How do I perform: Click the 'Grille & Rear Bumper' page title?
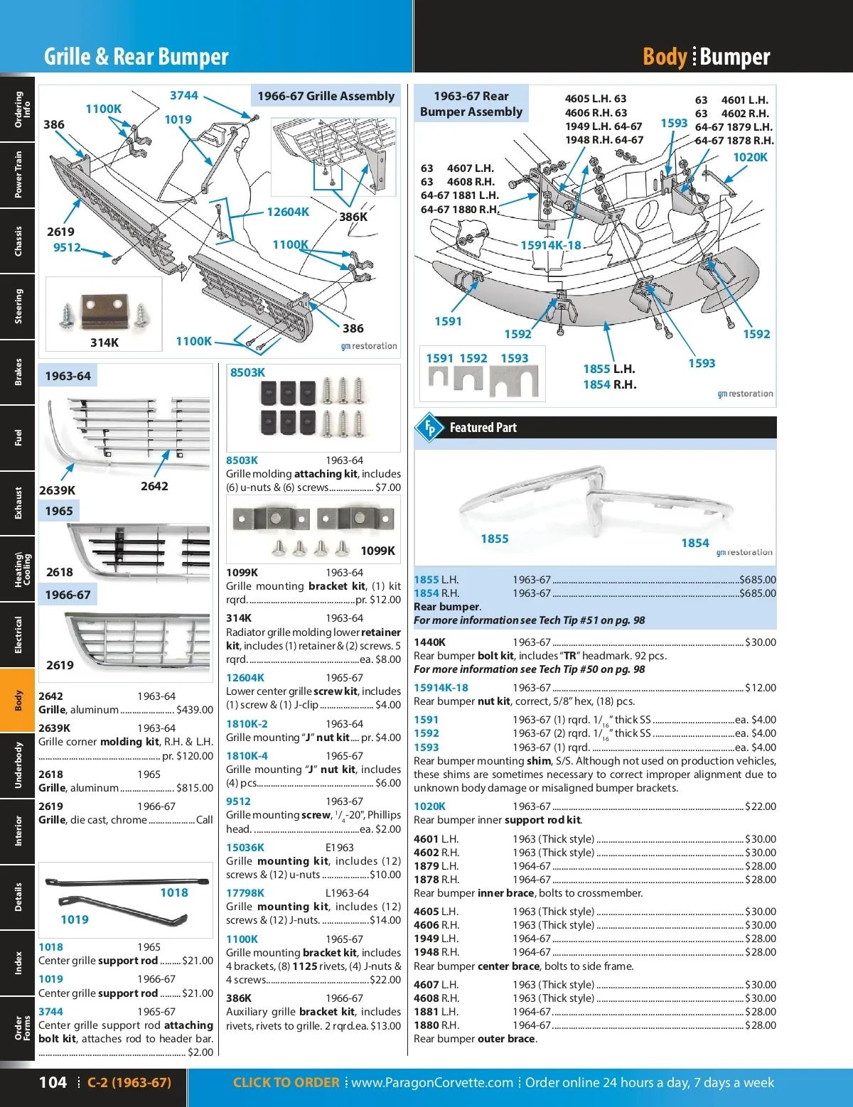(136, 57)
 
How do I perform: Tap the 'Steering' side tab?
(18, 306)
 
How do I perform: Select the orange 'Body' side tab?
(18, 700)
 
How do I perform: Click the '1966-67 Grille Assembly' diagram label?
(326, 96)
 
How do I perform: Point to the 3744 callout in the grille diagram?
(183, 95)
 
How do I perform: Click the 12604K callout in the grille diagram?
(288, 212)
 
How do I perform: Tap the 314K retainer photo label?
(104, 342)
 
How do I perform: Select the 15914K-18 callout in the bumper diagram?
(551, 245)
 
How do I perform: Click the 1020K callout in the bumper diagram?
(750, 157)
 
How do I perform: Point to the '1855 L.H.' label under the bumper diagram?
(609, 369)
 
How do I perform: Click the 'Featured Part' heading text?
(483, 428)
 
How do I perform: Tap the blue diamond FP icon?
(429, 428)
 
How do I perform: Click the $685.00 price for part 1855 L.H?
(757, 580)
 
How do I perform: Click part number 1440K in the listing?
(430, 642)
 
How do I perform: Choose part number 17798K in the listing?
(245, 893)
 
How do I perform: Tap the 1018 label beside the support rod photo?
(174, 892)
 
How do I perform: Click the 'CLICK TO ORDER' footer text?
(286, 1083)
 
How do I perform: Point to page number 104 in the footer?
(53, 1083)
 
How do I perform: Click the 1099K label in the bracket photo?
(377, 551)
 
